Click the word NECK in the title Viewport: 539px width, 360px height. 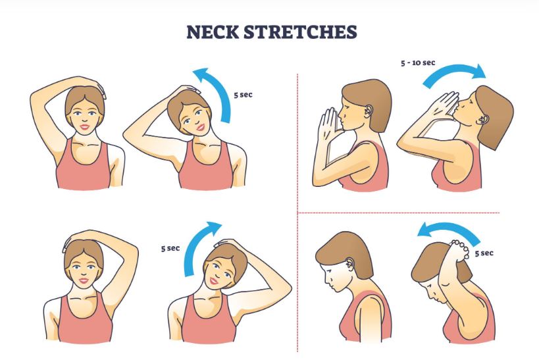tap(213, 32)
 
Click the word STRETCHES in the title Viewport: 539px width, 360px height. tap(300, 32)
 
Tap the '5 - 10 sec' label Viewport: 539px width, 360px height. tap(418, 63)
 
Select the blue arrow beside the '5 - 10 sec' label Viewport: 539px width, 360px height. tap(453, 72)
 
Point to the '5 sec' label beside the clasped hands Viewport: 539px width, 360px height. tap(484, 253)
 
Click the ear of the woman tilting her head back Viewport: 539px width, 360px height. tap(483, 119)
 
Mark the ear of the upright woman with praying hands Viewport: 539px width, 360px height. tap(368, 110)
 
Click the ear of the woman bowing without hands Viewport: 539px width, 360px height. tap(350, 264)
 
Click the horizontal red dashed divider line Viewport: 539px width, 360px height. tap(399, 213)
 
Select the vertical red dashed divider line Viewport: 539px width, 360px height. tap(297, 213)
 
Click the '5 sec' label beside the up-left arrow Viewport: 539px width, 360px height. tap(244, 95)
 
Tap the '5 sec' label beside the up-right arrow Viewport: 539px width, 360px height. tap(170, 248)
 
